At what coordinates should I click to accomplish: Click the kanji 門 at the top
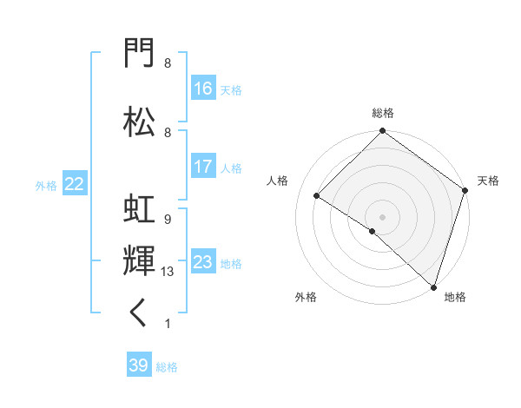pyautogui.click(x=139, y=52)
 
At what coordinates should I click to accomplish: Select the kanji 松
pyautogui.click(x=139, y=122)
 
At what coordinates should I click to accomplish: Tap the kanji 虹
pyautogui.click(x=139, y=208)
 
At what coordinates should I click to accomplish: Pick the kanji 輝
pyautogui.click(x=139, y=260)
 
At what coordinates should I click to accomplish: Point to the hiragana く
pyautogui.click(x=137, y=313)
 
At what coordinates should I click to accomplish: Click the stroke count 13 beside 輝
pyautogui.click(x=167, y=272)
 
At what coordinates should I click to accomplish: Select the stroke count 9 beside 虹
pyautogui.click(x=168, y=220)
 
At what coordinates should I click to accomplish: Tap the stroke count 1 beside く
pyautogui.click(x=168, y=324)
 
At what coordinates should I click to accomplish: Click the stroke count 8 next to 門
pyautogui.click(x=168, y=63)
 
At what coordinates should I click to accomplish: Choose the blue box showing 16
pyautogui.click(x=203, y=88)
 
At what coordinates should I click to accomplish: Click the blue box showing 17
pyautogui.click(x=203, y=166)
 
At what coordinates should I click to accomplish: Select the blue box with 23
pyautogui.click(x=203, y=260)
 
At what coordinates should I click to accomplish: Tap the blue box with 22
pyautogui.click(x=75, y=183)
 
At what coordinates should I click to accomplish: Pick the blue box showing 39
pyautogui.click(x=139, y=364)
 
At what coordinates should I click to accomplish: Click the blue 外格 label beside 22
pyautogui.click(x=46, y=186)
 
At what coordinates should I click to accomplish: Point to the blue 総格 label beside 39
pyautogui.click(x=167, y=367)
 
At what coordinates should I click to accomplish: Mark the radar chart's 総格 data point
pyautogui.click(x=382, y=130)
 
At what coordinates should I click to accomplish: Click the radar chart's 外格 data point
pyautogui.click(x=373, y=231)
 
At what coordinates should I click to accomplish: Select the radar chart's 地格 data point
pyautogui.click(x=433, y=287)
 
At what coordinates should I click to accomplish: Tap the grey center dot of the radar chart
pyautogui.click(x=382, y=217)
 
